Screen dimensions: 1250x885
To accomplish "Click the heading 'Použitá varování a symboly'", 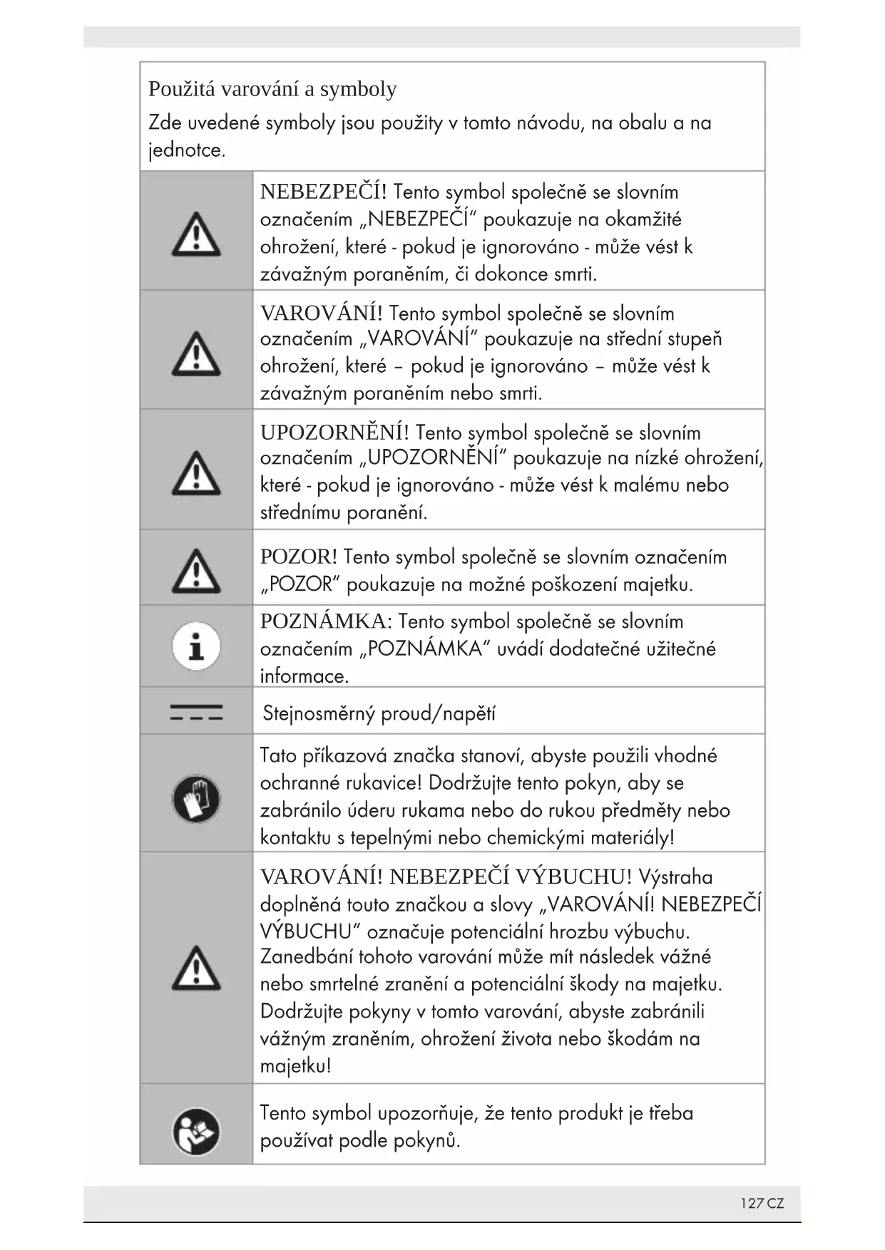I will [x=272, y=89].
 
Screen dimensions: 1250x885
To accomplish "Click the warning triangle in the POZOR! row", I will [x=196, y=572].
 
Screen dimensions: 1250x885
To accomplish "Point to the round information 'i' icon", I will [x=196, y=646].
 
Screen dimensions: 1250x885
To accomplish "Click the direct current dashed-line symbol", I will [x=196, y=712].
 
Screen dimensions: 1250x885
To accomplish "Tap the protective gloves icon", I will [x=196, y=798].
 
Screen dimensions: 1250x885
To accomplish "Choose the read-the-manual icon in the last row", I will [x=196, y=1132].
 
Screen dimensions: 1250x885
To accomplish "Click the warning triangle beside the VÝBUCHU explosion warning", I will [x=196, y=969].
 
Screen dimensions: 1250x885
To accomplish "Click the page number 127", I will [x=752, y=1204].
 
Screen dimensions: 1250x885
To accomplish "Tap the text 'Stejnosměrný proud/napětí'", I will [x=379, y=713].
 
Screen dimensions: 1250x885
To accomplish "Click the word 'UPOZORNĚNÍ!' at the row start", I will [x=334, y=433].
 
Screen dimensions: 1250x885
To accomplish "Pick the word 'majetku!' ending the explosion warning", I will [x=295, y=1066].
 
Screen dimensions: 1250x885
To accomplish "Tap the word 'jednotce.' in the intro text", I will [x=187, y=150].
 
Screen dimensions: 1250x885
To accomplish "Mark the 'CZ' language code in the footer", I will [x=776, y=1204].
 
